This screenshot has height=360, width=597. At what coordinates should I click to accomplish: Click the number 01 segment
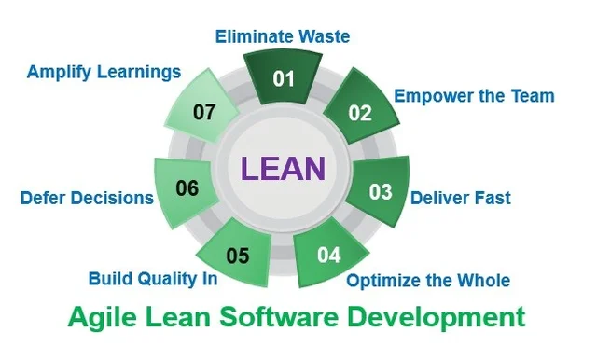click(283, 78)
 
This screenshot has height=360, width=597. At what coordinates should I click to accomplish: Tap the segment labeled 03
click(380, 192)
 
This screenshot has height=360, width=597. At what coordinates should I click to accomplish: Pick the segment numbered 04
click(329, 253)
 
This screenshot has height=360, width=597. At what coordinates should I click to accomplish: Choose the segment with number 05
click(237, 254)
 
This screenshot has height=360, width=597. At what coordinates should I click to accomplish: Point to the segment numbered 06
click(187, 189)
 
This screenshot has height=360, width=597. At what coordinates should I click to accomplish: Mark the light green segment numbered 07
click(204, 113)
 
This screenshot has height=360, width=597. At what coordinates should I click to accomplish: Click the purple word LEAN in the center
click(283, 169)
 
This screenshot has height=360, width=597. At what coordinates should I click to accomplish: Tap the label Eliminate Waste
click(283, 37)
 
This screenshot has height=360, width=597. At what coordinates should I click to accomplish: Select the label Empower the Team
click(474, 96)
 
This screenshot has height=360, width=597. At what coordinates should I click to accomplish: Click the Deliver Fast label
click(461, 198)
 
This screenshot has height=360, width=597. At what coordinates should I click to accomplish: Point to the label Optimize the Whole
click(428, 280)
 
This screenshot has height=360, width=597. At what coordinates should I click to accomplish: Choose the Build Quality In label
click(153, 278)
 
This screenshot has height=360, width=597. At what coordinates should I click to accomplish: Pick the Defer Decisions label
click(87, 198)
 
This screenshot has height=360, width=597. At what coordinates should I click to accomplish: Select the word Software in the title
click(294, 316)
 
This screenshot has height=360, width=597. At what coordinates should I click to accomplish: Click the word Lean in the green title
click(182, 316)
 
